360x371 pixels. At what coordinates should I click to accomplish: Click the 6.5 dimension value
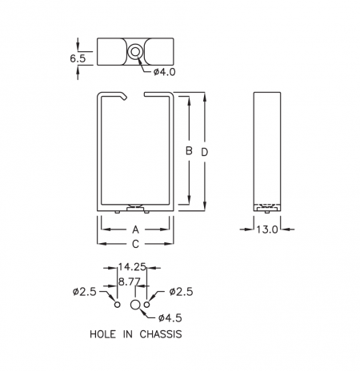(x=78, y=58)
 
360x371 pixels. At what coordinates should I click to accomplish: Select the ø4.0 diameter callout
(x=164, y=72)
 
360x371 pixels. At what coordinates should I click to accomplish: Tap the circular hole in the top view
(x=134, y=52)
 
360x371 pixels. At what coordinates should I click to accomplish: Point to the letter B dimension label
(x=189, y=151)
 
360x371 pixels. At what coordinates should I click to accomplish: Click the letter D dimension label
(x=204, y=152)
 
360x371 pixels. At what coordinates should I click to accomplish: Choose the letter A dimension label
(x=135, y=229)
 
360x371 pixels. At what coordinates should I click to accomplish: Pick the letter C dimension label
(x=135, y=244)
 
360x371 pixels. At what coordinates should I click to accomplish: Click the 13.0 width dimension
(x=267, y=229)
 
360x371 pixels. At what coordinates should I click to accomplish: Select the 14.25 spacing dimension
(x=132, y=266)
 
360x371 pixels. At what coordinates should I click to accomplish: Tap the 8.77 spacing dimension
(x=130, y=281)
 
